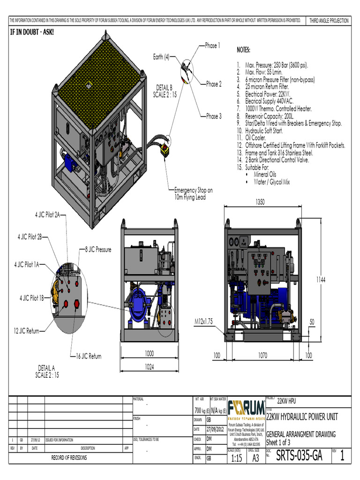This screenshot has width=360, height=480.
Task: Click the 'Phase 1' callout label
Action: click(211, 46)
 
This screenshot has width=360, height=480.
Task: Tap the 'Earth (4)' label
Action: click(161, 57)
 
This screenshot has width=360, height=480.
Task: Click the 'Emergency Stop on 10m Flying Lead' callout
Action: click(193, 194)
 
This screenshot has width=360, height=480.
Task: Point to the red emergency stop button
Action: click(165, 151)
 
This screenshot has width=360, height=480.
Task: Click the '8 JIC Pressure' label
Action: click(98, 250)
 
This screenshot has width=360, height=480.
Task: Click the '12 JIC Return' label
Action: click(26, 331)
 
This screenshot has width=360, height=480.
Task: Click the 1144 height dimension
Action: click(320, 279)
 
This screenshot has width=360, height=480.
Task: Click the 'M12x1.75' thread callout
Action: click(204, 321)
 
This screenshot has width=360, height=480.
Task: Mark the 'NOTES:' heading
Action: click(243, 50)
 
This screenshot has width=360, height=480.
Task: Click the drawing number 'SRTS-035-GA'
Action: click(300, 455)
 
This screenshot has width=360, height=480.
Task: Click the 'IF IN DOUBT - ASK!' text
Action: click(29, 32)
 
